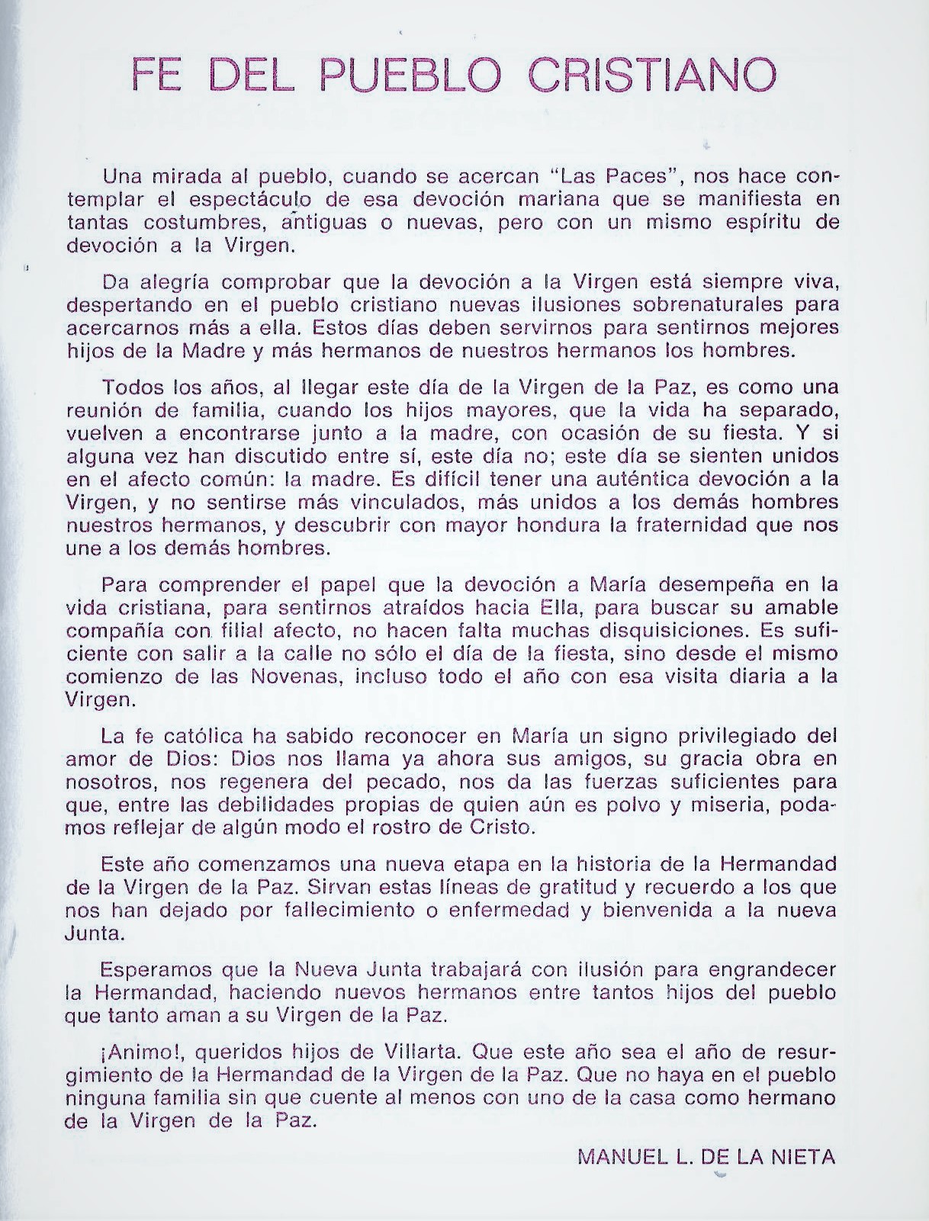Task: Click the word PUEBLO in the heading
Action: click(412, 76)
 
